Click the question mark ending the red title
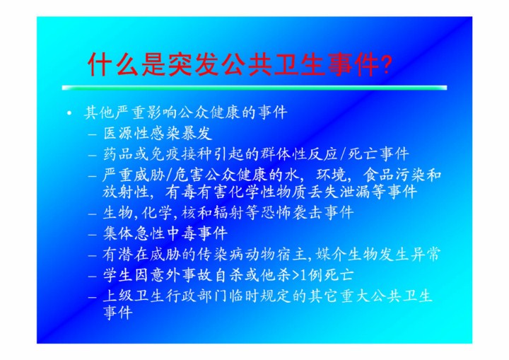387,64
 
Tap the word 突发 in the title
194,64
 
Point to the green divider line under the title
255,88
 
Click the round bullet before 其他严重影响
69,113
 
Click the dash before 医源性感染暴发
93,134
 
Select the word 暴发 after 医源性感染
197,133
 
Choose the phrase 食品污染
394,175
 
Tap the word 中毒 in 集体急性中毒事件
181,233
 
